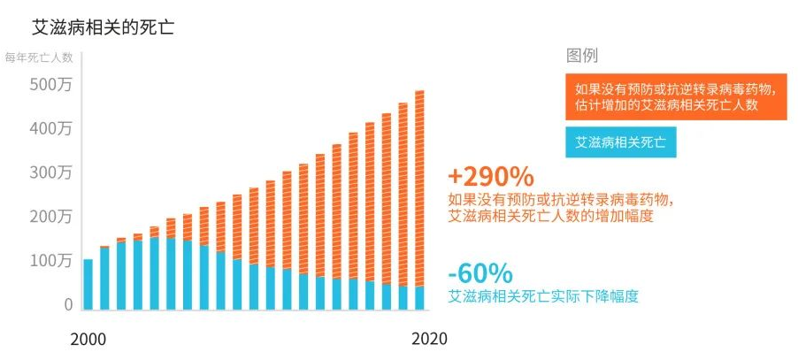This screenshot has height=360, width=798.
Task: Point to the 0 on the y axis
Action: pos(68,304)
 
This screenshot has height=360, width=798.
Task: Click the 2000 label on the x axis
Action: pos(88,340)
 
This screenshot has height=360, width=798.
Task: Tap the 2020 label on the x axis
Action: pos(429,340)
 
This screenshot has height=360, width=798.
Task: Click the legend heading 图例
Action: pos(582,56)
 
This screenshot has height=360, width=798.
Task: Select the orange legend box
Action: pos(676,96)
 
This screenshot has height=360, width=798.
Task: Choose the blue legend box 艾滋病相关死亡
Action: pos(621,142)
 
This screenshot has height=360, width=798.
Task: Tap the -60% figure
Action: pos(480,272)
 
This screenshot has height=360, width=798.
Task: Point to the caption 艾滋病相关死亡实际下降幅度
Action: pos(543,296)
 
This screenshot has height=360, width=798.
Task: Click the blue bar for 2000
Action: pos(88,284)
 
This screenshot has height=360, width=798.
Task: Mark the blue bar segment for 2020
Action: pos(419,298)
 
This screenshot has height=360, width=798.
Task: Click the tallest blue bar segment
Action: pos(154,273)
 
